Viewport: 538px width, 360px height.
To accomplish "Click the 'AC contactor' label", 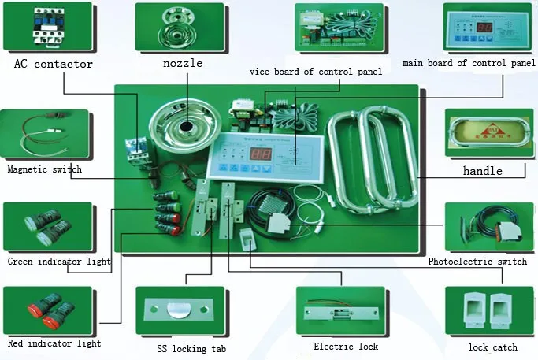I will (x=53, y=64).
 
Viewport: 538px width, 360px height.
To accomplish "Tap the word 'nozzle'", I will (x=183, y=63).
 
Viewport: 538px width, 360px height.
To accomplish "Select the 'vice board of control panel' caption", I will (x=316, y=72).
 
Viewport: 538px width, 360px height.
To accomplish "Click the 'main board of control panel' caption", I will (x=469, y=63).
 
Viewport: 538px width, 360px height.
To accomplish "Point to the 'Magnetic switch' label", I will (x=44, y=169).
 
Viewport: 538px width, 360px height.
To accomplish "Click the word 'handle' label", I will (x=482, y=170).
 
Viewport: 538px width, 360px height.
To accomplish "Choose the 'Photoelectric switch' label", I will (x=477, y=262).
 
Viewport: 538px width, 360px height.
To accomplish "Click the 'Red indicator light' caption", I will (x=54, y=343).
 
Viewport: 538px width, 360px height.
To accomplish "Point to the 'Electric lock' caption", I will (x=346, y=347).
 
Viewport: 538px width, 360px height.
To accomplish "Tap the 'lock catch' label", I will (x=492, y=347).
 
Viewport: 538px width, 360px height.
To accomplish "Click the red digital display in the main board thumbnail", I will (x=485, y=27).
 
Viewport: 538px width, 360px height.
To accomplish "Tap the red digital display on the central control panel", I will (x=262, y=154).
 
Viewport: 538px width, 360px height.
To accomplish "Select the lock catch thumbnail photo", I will (x=491, y=312).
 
